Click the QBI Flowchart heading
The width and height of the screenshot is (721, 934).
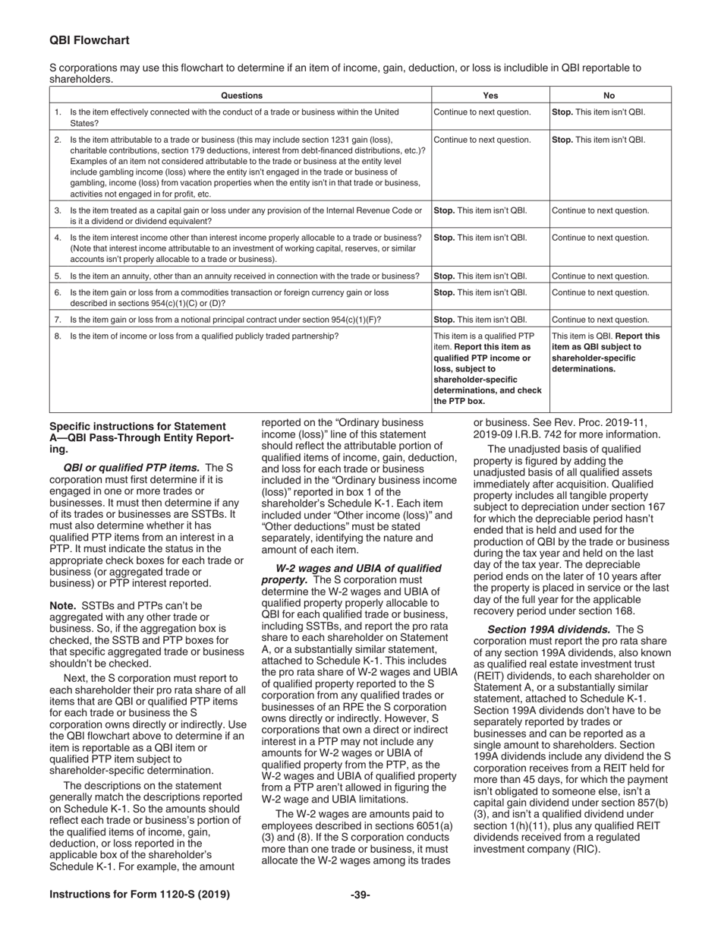click(89, 40)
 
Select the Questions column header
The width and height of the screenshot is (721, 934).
click(241, 96)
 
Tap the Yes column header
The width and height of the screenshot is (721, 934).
click(490, 96)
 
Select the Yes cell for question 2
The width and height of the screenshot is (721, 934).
click(482, 140)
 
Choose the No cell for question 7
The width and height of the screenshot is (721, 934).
click(600, 320)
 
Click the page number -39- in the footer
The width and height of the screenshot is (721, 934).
click(360, 895)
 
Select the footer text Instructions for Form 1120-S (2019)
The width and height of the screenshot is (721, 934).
click(140, 895)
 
